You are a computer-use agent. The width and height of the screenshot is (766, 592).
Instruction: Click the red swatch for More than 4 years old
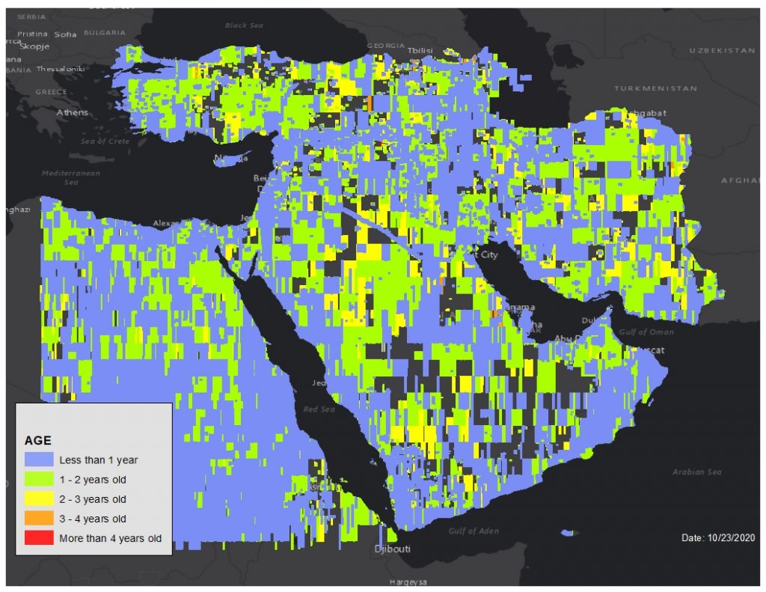39,538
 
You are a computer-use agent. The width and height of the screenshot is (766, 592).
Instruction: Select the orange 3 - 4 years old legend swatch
39,519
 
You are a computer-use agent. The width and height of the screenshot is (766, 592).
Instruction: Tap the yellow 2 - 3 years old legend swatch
39,499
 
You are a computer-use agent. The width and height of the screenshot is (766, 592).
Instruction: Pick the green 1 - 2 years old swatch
39,480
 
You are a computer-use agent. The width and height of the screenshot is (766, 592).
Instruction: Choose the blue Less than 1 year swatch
39,460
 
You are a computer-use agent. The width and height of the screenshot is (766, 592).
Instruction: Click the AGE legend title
38,441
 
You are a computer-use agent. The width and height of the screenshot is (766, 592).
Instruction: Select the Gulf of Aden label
473,531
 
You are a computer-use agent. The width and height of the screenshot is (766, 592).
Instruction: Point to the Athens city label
72,113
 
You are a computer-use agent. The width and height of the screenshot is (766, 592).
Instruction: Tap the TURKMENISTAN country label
655,88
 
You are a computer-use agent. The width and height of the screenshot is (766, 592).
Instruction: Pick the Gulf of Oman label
646,332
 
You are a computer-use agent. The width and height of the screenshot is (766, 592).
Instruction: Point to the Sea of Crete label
105,141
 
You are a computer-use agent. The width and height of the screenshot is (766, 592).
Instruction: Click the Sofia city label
66,34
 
